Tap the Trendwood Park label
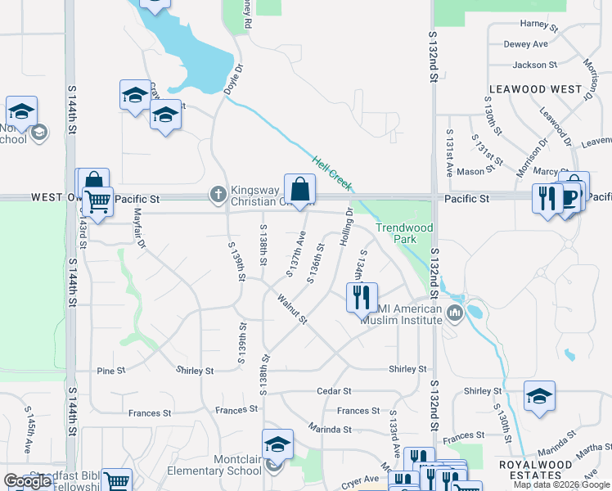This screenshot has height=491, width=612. pyautogui.click(x=397, y=233)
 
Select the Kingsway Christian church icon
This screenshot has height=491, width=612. pyautogui.click(x=218, y=194)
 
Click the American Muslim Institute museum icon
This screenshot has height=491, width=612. pyautogui.click(x=454, y=312)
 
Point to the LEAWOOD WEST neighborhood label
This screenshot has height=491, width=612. pyautogui.click(x=535, y=88)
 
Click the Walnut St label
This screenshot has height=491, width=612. pyautogui.click(x=290, y=309)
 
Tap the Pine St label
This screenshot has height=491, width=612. pyautogui.click(x=111, y=371)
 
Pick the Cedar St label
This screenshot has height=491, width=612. pyautogui.click(x=335, y=391)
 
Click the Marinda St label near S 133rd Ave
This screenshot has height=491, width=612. pyautogui.click(x=330, y=429)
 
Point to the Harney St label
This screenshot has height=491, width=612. pyautogui.click(x=538, y=25)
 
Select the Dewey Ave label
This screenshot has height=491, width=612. pyautogui.click(x=526, y=44)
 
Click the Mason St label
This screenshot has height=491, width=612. pyautogui.click(x=471, y=172)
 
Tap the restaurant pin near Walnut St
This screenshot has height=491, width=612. pyautogui.click(x=361, y=297)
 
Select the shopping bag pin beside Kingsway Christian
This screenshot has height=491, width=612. pyautogui.click(x=300, y=189)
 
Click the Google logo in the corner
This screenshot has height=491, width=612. pyautogui.click(x=28, y=482)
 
